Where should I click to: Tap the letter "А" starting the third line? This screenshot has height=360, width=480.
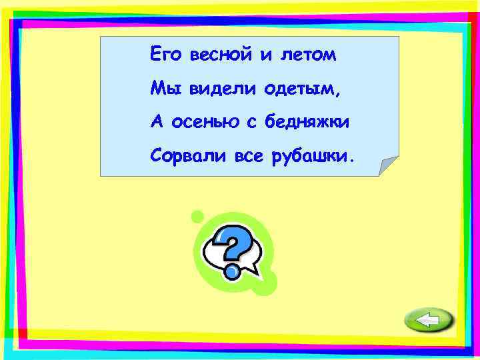pos(156,122)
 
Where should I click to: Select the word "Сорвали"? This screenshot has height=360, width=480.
pos(189,156)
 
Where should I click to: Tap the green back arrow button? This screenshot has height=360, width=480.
pos(428,321)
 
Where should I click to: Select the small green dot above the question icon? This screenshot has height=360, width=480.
pos(197,216)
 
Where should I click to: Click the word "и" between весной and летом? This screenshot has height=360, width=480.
pos(266,55)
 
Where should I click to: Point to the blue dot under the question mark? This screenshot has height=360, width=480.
pos(232,271)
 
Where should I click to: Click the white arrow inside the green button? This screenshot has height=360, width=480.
pos(427,321)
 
